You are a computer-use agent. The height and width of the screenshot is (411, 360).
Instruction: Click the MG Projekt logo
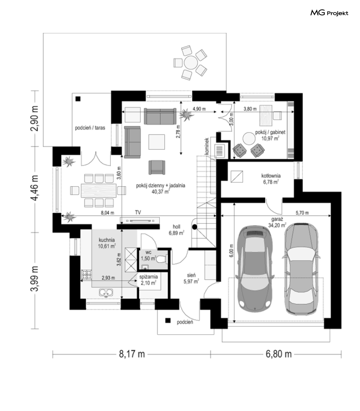tap(329, 13)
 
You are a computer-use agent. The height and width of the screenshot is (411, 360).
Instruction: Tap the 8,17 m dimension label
tap(132, 354)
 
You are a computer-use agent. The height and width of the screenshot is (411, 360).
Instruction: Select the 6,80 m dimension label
tap(279, 354)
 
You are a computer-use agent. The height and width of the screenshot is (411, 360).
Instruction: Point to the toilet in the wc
tap(161, 259)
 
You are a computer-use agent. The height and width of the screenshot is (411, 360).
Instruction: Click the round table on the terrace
tap(191, 63)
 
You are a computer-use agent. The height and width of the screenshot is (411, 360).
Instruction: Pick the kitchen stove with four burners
tap(86, 274)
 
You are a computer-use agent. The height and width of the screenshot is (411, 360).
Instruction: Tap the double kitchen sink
tap(106, 292)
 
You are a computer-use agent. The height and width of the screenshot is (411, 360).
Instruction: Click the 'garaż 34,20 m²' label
tap(277, 222)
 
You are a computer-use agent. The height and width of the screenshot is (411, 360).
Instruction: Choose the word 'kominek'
tap(207, 146)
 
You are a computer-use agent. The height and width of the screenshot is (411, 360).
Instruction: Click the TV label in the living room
tap(138, 212)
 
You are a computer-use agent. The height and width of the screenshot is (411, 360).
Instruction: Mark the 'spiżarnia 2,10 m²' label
tap(148, 280)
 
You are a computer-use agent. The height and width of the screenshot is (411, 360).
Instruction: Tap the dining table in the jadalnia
tap(99, 190)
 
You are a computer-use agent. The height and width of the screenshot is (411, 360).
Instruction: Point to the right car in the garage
tap(301, 269)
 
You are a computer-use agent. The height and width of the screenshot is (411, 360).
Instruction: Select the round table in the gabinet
tap(249, 138)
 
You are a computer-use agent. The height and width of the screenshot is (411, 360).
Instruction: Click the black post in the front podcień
tap(168, 320)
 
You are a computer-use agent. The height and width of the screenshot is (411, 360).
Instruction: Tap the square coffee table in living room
tap(157, 142)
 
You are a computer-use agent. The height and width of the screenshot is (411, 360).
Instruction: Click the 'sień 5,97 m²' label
tap(191, 278)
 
